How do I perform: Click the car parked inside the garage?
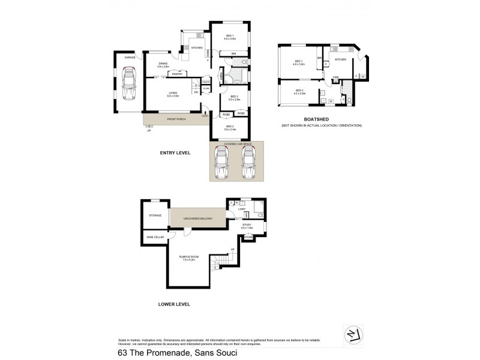coord(128,85)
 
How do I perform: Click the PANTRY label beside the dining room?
coord(177,74)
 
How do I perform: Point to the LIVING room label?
coord(173,94)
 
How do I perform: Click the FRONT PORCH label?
coord(176,119)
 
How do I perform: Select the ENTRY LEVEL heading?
coord(175,153)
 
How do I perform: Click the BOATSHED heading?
coord(323,119)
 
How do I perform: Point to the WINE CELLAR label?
coord(154,238)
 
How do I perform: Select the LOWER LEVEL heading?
coord(174,304)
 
